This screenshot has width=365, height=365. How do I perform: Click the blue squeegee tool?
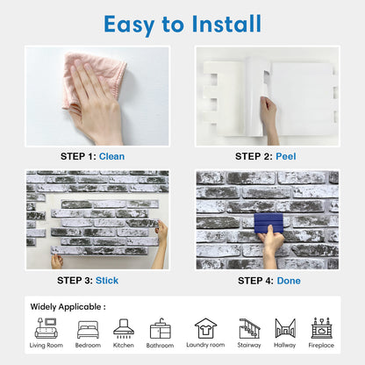[x=268, y=223]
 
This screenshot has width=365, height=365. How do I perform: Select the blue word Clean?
[x=111, y=156]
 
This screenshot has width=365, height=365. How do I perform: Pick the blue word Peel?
[x=286, y=156]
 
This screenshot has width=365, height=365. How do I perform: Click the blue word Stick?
[x=107, y=281]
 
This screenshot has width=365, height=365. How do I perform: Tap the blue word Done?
[x=289, y=281]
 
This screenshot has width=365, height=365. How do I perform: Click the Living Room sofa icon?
[x=47, y=328]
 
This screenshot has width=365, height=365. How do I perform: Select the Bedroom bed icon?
[x=88, y=330]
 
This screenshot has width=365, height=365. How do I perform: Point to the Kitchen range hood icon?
[x=124, y=328]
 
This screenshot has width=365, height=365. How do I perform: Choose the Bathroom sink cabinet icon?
[x=160, y=328]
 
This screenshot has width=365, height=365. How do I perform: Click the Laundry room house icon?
[x=206, y=328]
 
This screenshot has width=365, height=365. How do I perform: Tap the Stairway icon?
[x=249, y=328]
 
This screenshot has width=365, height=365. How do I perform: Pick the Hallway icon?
[x=285, y=327]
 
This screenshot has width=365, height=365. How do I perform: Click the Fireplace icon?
[x=321, y=328]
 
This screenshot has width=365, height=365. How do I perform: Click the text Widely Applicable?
[x=66, y=307]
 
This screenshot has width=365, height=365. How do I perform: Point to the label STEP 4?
[x=255, y=281]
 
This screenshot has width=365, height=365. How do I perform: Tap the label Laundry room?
[x=205, y=345]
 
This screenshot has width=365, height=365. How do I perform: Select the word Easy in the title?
[x=129, y=25]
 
